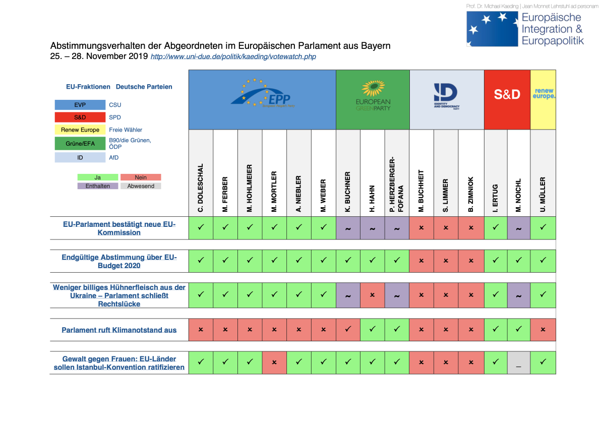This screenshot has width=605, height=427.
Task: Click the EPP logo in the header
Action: pyautogui.click(x=262, y=94)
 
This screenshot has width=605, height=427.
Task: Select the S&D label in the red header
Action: pyautogui.click(x=507, y=94)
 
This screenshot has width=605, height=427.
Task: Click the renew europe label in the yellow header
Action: pyautogui.click(x=543, y=93)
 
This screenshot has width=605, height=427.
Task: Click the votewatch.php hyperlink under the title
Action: pyautogui.click(x=233, y=57)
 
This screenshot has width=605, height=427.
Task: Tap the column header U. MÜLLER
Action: pyautogui.click(x=543, y=195)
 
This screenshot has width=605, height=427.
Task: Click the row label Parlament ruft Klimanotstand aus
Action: pyautogui.click(x=119, y=330)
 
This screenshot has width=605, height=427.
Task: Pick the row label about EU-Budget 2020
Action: pyautogui.click(x=119, y=261)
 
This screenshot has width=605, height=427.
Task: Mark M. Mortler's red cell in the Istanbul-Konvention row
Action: pyautogui.click(x=274, y=362)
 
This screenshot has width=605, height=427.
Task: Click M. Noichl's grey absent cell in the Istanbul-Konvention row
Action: pyautogui.click(x=519, y=362)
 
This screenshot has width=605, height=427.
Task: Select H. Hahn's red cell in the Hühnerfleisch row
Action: pyautogui.click(x=373, y=295)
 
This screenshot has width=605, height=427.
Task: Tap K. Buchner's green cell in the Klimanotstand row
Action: pyautogui.click(x=348, y=330)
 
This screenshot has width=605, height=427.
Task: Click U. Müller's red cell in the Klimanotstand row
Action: pyautogui.click(x=543, y=330)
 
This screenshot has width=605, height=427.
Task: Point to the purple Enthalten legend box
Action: pyautogui.click(x=97, y=186)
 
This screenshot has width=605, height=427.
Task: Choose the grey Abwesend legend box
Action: pyautogui.click(x=141, y=186)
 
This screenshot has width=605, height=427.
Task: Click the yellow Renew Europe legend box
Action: pyautogui.click(x=80, y=130)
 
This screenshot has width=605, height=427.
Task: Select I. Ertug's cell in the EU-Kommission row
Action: pyautogui.click(x=496, y=228)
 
